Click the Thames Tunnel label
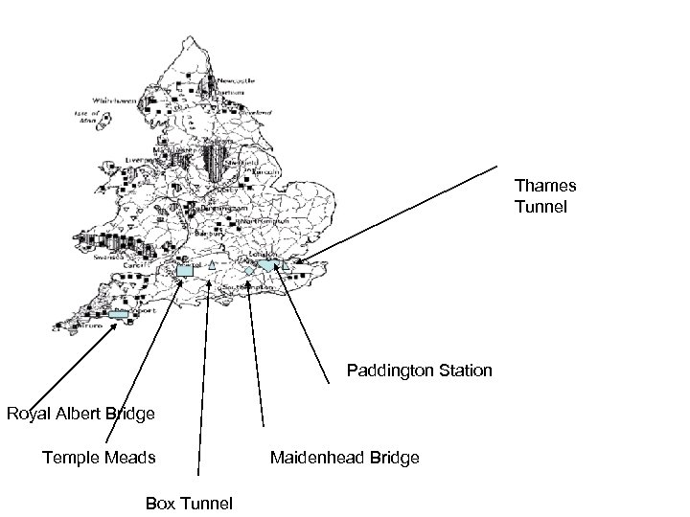pyautogui.click(x=545, y=196)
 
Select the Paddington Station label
pyautogui.click(x=420, y=370)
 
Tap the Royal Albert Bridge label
pyautogui.click(x=80, y=414)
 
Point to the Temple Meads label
pyautogui.click(x=99, y=458)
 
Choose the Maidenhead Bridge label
pyautogui.click(x=345, y=458)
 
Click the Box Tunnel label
pyautogui.click(x=188, y=502)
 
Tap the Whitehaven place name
pyautogui.click(x=114, y=100)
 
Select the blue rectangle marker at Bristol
pyautogui.click(x=186, y=271)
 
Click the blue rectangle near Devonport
pyautogui.click(x=119, y=313)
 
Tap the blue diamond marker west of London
pyautogui.click(x=248, y=272)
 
